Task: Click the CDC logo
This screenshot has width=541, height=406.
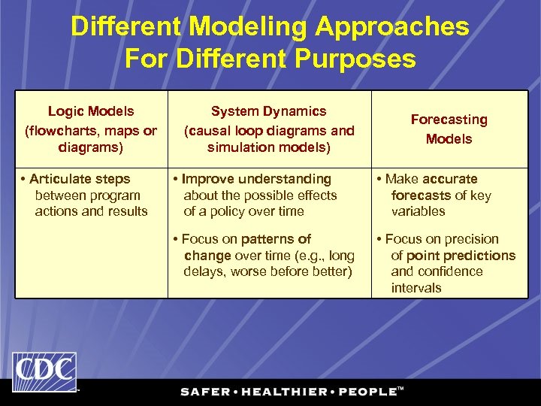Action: [44, 372]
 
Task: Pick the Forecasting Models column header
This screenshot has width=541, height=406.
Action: [449, 129]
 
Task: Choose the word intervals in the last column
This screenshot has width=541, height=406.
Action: [416, 288]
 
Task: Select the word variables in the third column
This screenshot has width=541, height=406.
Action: [418, 211]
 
